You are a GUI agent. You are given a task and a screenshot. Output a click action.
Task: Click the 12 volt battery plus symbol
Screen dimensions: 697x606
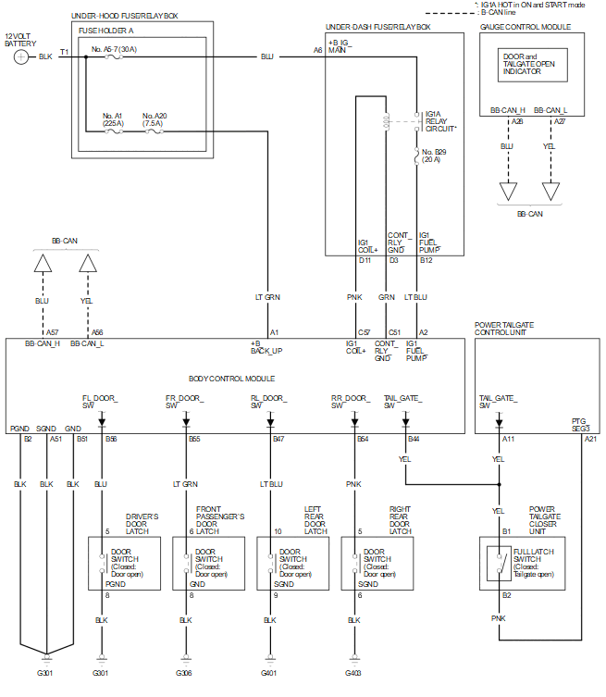[x=21, y=56]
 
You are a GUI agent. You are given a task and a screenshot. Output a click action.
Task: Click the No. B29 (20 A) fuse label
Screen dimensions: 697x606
[x=434, y=156]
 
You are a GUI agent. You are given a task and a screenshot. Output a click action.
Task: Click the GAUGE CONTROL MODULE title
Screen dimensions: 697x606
[x=525, y=28]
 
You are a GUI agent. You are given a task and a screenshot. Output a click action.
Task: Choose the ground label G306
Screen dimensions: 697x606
[x=184, y=673]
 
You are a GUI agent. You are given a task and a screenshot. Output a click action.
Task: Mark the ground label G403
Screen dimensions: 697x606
[x=354, y=673]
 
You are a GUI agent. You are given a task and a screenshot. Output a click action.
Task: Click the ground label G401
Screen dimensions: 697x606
[x=269, y=673]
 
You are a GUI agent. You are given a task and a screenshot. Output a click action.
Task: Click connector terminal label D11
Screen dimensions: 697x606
[x=365, y=261]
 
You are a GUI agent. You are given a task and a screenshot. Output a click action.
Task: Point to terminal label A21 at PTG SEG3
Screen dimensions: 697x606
[x=590, y=439]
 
